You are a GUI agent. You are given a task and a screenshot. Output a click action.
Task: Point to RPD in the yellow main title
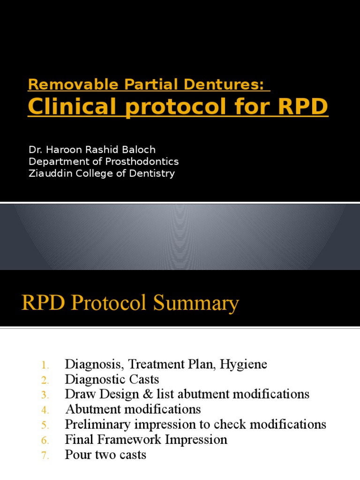point(302,107)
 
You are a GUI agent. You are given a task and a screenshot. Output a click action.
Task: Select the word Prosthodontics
point(144,162)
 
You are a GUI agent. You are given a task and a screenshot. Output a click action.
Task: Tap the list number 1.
point(45,365)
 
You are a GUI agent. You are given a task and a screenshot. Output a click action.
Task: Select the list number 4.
point(45,410)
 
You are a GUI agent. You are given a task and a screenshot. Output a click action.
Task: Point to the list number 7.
point(45,455)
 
